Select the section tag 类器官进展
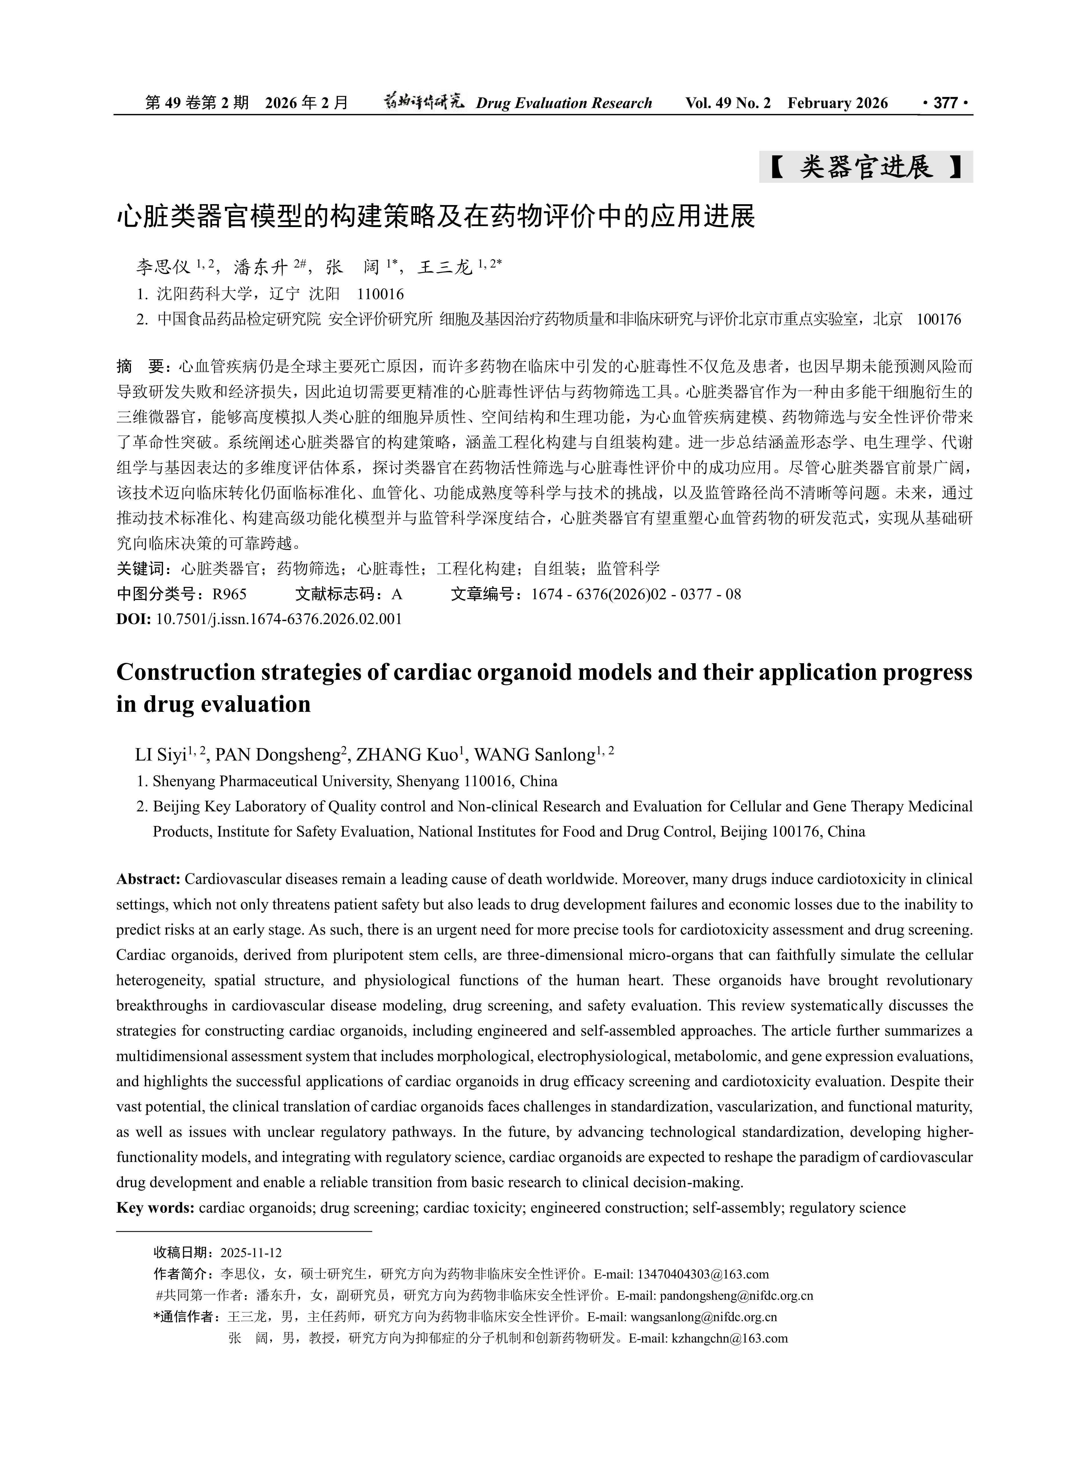866,168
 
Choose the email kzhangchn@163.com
729,1338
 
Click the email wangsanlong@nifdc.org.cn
703,1317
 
